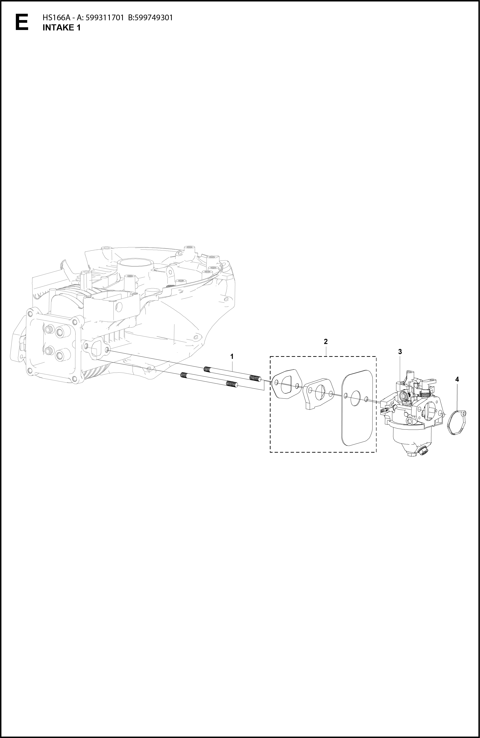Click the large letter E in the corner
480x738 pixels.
click(x=22, y=22)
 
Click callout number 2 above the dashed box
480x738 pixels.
click(x=326, y=341)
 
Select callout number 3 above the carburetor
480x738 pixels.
click(x=400, y=352)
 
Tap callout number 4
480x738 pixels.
click(x=457, y=379)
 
